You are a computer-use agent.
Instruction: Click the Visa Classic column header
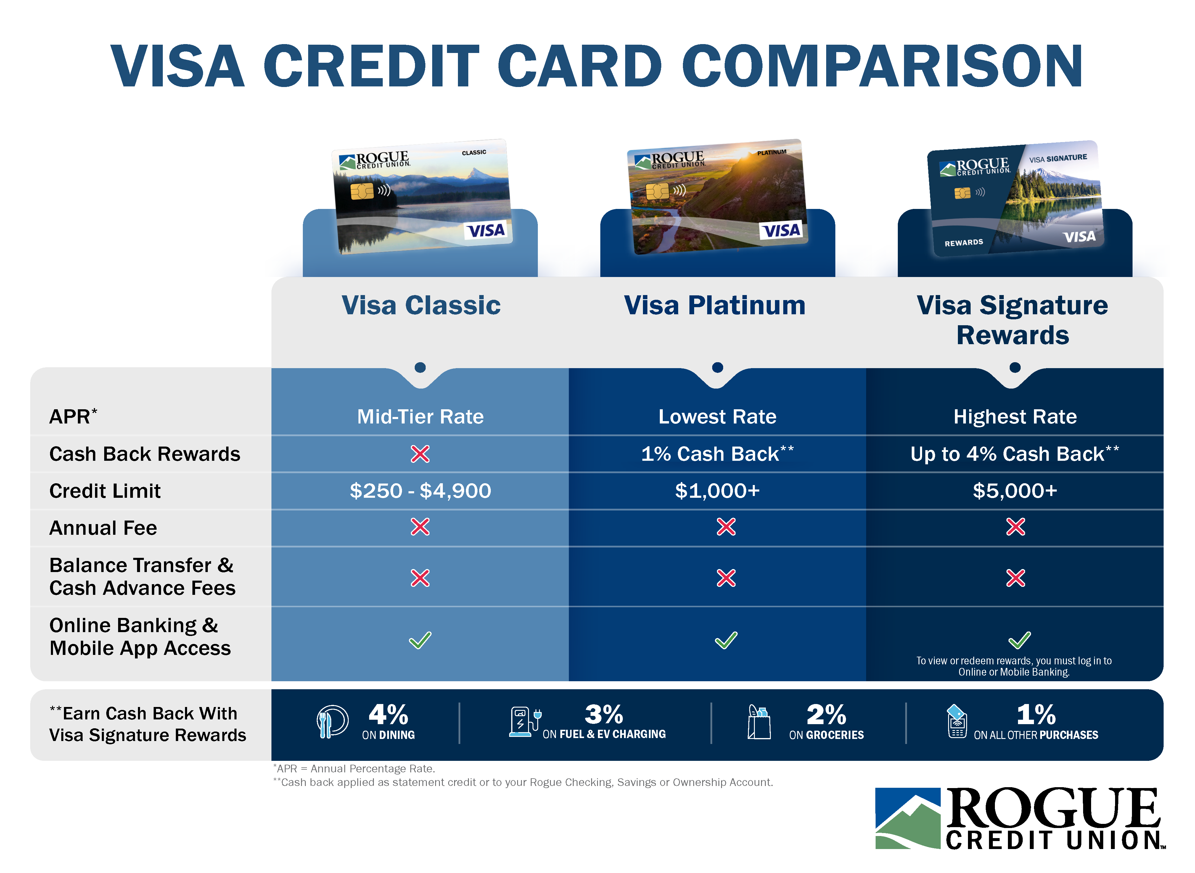[421, 305]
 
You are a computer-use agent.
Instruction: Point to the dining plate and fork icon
[332, 721]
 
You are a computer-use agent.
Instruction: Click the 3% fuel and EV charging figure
[604, 715]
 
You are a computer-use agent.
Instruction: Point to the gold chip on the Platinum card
[657, 191]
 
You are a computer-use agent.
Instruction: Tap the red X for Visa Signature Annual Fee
[1015, 527]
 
